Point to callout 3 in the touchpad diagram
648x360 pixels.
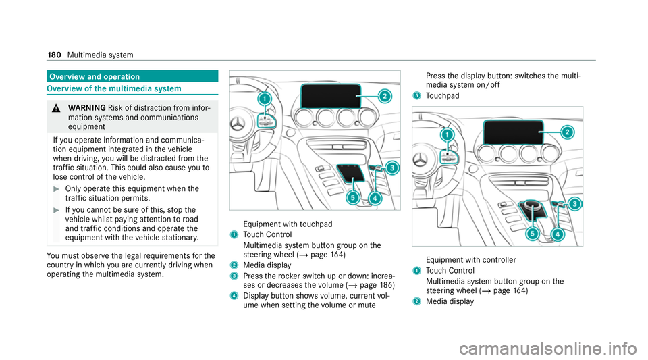(x=391, y=168)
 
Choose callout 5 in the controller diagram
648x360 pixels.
(x=532, y=233)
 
